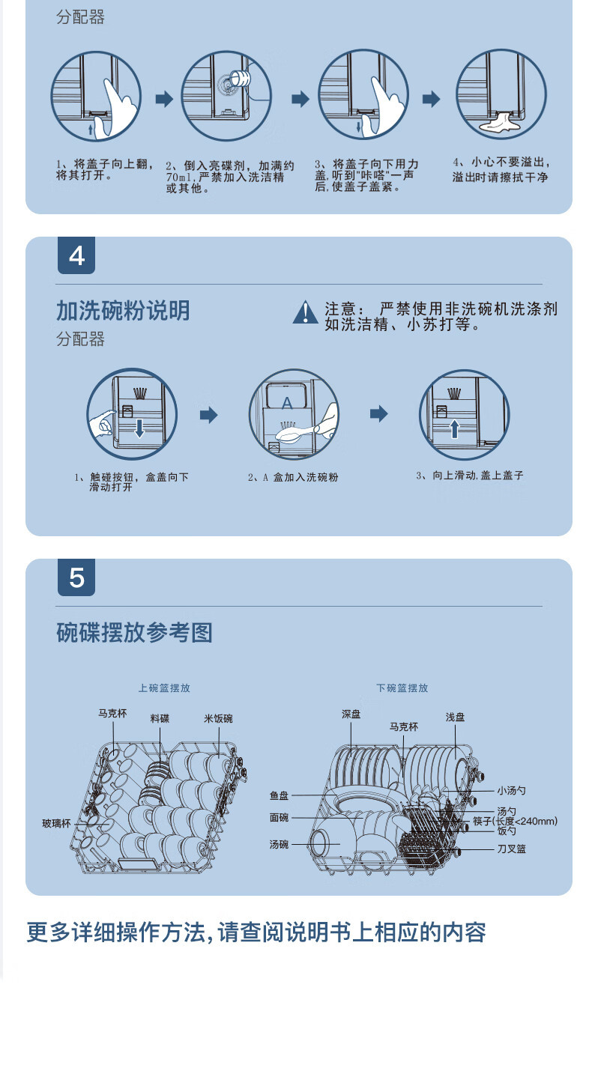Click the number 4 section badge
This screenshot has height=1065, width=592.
click(x=76, y=256)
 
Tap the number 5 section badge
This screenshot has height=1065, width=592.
click(x=76, y=578)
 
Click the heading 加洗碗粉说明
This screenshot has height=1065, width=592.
click(x=123, y=310)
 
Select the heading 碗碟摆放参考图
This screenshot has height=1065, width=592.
click(x=135, y=633)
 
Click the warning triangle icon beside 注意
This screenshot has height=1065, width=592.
click(x=305, y=312)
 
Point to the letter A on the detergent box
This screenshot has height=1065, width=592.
click(x=286, y=403)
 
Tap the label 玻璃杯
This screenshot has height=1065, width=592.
click(x=56, y=824)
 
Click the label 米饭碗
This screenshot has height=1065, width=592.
click(x=218, y=719)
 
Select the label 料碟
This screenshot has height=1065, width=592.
click(x=160, y=719)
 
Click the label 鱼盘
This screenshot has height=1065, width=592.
click(x=279, y=796)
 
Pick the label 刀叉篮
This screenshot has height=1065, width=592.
click(x=511, y=849)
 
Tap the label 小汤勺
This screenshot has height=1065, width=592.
click(x=511, y=791)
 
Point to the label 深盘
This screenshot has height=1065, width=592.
click(x=351, y=714)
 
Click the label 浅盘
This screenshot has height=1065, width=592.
click(x=455, y=717)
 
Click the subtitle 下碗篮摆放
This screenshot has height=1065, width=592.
click(x=402, y=688)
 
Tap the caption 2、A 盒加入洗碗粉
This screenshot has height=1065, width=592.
click(x=293, y=477)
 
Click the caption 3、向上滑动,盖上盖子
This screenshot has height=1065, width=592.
click(x=469, y=476)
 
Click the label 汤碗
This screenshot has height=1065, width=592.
click(x=279, y=845)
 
